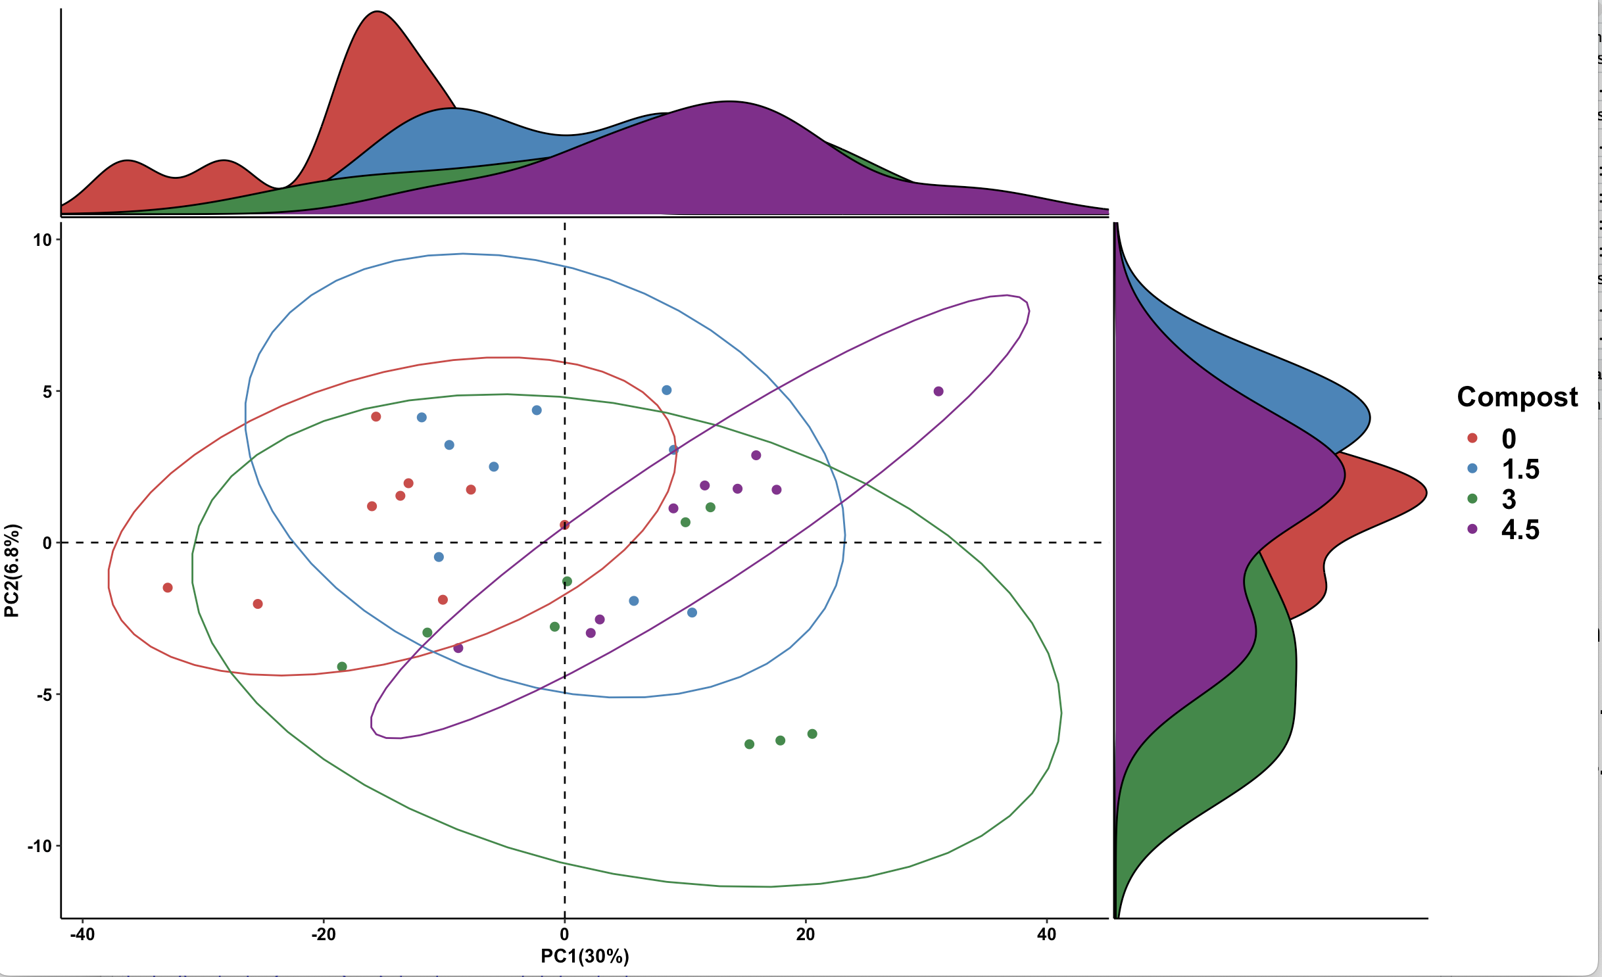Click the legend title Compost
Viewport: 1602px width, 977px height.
coord(1517,397)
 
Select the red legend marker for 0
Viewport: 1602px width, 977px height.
coord(1472,439)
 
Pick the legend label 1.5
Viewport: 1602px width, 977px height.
coord(1520,469)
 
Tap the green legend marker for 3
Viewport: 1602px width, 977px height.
coord(1472,499)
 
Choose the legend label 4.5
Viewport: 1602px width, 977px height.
coord(1520,529)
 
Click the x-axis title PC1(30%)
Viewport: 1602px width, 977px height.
coord(585,956)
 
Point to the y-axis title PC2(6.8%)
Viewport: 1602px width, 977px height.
coord(12,571)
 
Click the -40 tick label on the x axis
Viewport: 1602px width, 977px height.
coord(82,934)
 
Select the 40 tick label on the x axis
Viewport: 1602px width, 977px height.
coord(1046,934)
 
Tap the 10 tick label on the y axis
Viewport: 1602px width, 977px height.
coord(43,240)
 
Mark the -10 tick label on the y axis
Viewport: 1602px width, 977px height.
coord(39,846)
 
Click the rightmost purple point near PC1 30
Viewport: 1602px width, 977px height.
coord(938,391)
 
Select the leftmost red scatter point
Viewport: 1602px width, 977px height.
coord(168,588)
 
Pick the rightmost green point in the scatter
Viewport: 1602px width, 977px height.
coord(812,734)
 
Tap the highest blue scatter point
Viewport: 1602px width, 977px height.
coord(666,390)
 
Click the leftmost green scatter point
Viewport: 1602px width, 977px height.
coord(342,667)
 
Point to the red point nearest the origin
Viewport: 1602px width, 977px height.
coord(564,525)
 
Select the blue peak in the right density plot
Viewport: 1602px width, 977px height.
coord(1368,418)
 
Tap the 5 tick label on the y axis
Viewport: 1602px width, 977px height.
coord(47,392)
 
